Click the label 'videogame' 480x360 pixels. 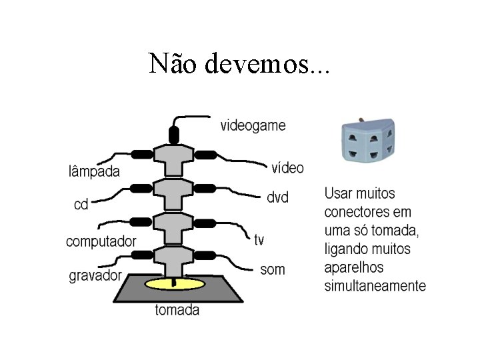click(253, 125)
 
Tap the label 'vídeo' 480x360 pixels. click(287, 167)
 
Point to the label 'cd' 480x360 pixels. click(81, 204)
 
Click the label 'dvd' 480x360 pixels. click(277, 198)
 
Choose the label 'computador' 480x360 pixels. click(101, 241)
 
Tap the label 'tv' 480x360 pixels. click(259, 239)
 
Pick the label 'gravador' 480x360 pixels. click(95, 275)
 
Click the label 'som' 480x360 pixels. click(272, 269)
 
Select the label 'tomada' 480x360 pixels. click(177, 309)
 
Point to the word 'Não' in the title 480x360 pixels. click(174, 64)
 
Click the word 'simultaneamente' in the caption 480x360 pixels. click(375, 287)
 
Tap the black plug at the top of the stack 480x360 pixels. click(174, 133)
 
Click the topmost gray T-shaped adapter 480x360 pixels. click(173, 157)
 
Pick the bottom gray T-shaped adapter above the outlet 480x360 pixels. click(173, 257)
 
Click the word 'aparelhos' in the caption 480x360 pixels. click(354, 268)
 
